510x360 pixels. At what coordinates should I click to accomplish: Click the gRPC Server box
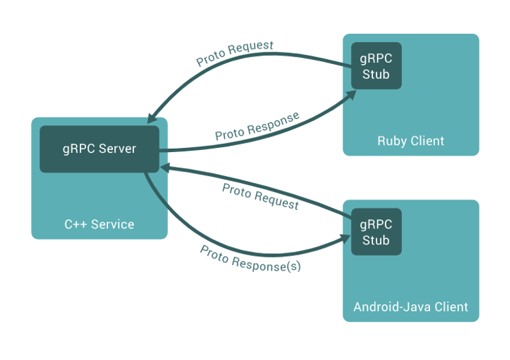(x=99, y=149)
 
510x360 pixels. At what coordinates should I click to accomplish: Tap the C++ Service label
(x=99, y=224)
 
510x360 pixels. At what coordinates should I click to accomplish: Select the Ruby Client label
(x=411, y=141)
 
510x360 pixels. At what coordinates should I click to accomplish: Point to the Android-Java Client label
(x=411, y=307)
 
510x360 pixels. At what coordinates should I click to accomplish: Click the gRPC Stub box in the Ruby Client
(x=376, y=65)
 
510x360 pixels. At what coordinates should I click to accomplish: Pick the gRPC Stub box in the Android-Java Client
(x=376, y=231)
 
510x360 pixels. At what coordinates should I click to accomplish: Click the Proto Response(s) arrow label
(x=250, y=259)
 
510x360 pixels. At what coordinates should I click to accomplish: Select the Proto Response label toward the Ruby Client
(x=257, y=126)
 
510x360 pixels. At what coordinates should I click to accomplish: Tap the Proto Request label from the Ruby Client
(x=235, y=53)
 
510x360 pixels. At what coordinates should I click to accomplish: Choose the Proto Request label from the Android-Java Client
(x=260, y=197)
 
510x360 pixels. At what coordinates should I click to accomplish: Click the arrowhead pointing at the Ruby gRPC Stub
(x=350, y=95)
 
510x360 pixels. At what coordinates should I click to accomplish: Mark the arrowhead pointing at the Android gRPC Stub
(x=345, y=239)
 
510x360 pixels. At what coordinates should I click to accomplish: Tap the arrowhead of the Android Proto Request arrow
(x=166, y=168)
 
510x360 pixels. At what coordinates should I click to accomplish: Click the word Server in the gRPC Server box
(x=118, y=149)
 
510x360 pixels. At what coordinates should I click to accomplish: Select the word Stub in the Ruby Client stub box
(x=376, y=74)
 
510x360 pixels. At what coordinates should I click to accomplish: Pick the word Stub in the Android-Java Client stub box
(x=376, y=240)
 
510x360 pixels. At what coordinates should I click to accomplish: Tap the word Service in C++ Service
(x=113, y=224)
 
